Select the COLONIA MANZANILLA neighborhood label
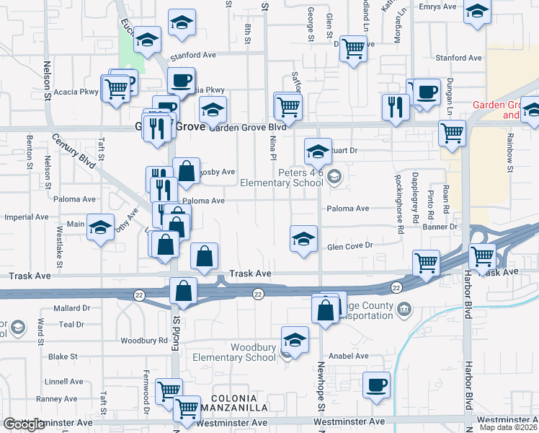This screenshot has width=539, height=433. click(x=240, y=403)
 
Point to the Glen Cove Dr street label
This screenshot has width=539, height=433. click(x=349, y=246)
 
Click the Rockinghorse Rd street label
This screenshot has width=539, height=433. click(x=400, y=203)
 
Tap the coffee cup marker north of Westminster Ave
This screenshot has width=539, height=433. click(x=376, y=385)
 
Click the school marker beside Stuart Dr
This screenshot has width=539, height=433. click(x=318, y=152)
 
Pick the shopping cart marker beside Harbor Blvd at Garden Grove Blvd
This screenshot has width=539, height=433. click(x=452, y=133)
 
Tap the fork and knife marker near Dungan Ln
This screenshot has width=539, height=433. click(x=396, y=107)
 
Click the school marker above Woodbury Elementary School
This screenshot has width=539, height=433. click(x=294, y=339)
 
